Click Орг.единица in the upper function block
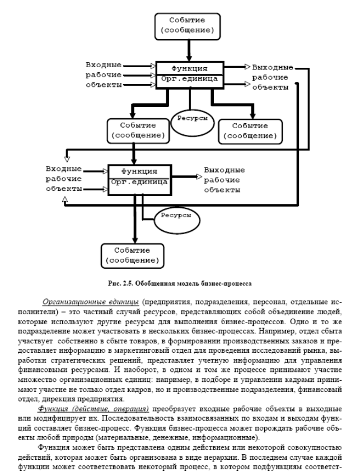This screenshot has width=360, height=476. [189, 80]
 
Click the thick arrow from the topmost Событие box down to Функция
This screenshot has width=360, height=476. [189, 49]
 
